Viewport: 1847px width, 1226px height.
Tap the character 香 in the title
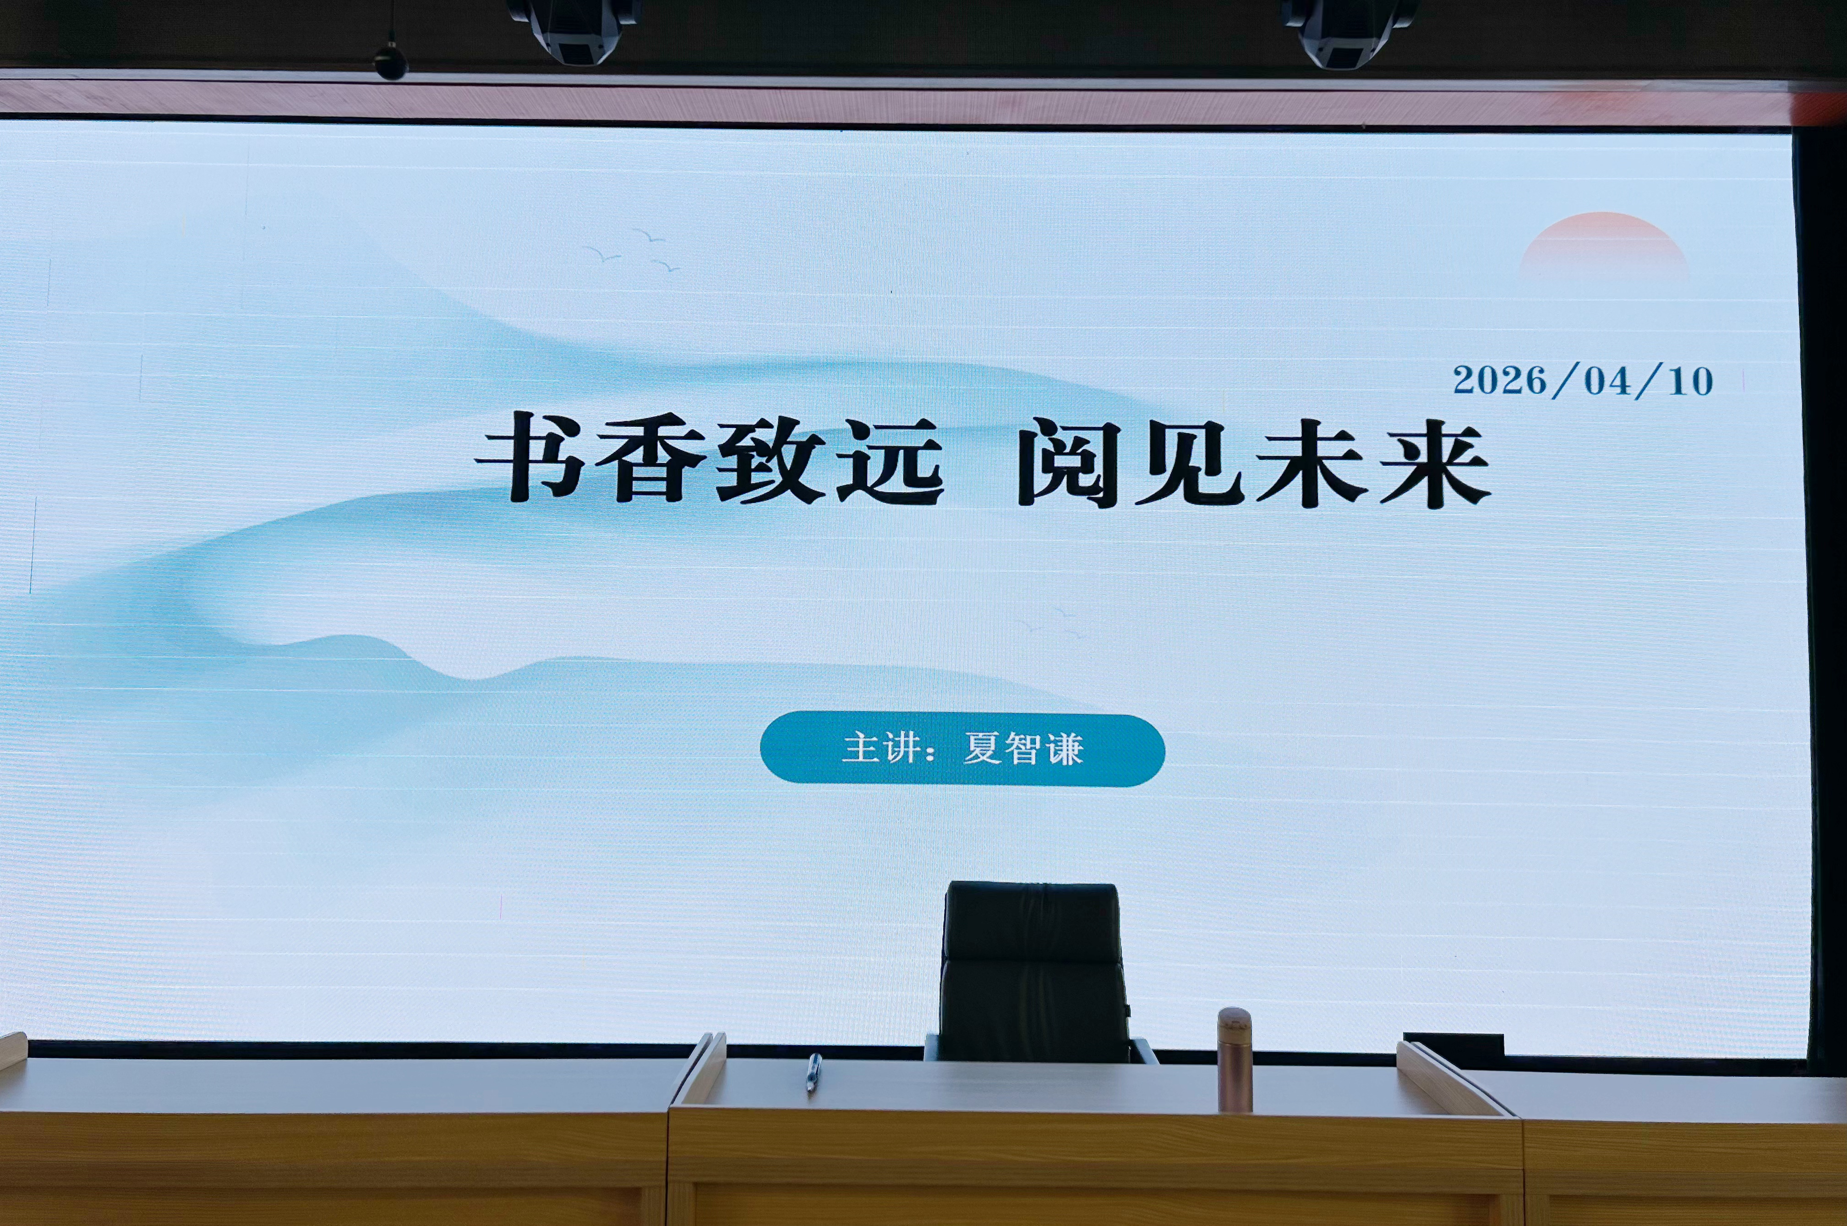click(650, 460)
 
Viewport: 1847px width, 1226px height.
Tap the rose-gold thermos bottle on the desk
click(1235, 1059)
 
